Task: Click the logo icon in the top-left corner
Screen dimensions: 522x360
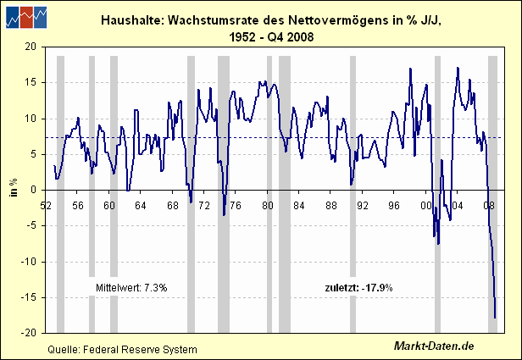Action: pos(26,17)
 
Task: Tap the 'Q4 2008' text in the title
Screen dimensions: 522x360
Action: pos(291,37)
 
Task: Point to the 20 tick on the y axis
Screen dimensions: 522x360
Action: pos(31,47)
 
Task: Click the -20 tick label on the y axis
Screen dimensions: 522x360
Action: pos(29,333)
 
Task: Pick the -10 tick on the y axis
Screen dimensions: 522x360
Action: pos(29,262)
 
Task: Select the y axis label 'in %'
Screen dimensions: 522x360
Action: pos(14,188)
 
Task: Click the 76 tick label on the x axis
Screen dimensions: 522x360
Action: pos(236,206)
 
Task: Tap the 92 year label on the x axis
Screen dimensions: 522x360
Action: pos(362,206)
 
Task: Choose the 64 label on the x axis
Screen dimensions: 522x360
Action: pos(141,206)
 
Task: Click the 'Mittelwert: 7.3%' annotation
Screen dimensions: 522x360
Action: pos(131,287)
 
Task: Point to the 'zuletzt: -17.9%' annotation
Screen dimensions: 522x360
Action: pos(359,287)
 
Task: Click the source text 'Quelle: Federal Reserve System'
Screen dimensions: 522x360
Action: pos(123,350)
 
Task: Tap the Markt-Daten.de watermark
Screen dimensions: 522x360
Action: pos(434,346)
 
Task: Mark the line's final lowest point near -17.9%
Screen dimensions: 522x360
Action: pos(495,318)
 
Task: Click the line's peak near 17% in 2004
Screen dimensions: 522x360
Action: pos(458,68)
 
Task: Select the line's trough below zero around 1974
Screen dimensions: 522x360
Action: pos(224,215)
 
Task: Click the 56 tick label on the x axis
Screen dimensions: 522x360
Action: pos(78,206)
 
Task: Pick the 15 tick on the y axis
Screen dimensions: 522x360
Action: pos(31,82)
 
